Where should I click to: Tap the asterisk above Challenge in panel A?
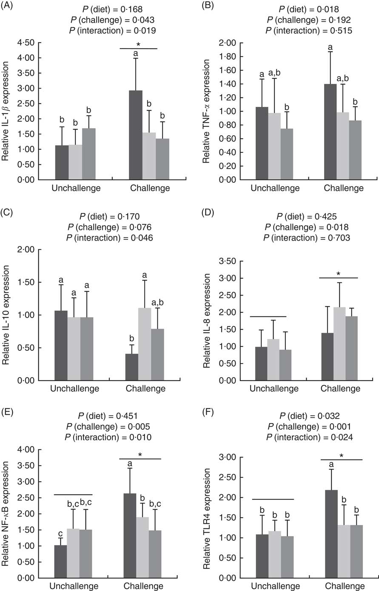tap(139, 44)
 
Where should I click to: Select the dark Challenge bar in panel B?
tap(330, 132)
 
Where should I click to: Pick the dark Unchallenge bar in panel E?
tap(61, 561)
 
